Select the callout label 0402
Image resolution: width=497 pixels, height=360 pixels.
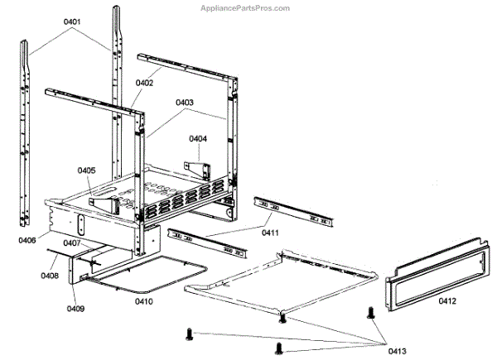[145, 82]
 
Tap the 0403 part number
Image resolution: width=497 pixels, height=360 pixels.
[184, 103]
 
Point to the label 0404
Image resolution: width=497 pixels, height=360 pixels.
[198, 138]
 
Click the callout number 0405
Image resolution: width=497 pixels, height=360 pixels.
[88, 170]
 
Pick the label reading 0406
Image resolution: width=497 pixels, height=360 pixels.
[27, 241]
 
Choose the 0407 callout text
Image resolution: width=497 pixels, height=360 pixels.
[70, 243]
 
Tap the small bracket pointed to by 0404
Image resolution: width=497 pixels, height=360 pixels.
[198, 168]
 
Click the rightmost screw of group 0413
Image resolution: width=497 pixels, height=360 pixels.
[370, 313]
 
